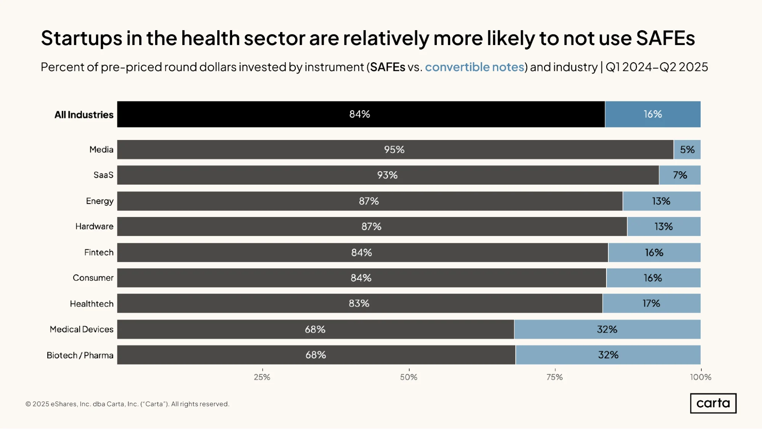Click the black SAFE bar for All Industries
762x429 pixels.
tap(361, 114)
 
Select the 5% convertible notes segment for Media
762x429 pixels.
tap(687, 149)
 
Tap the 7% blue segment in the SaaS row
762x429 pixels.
tap(680, 175)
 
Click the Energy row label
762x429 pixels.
tap(99, 201)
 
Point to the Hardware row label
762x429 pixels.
tap(94, 227)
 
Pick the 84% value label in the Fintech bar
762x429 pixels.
tap(361, 252)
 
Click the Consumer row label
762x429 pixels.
tap(93, 278)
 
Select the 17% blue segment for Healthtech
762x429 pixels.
tap(651, 303)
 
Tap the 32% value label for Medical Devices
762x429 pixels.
tap(607, 329)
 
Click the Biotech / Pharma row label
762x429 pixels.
tap(80, 355)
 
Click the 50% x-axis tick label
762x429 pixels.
tap(409, 377)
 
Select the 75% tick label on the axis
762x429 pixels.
tap(555, 377)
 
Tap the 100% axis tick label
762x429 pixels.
tap(701, 377)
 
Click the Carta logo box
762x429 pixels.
tap(713, 403)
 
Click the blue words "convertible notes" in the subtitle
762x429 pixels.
tap(475, 67)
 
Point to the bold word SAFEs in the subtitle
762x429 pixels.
tap(388, 67)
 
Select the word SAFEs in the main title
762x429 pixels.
tap(666, 38)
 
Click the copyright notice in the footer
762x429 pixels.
tap(127, 404)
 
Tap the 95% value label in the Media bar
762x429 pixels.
tap(394, 149)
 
